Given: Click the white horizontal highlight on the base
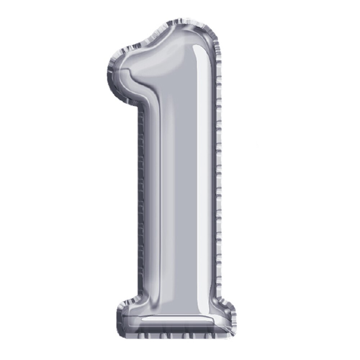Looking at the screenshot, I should click(173, 319).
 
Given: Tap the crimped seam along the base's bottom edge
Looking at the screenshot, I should click(176, 337).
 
